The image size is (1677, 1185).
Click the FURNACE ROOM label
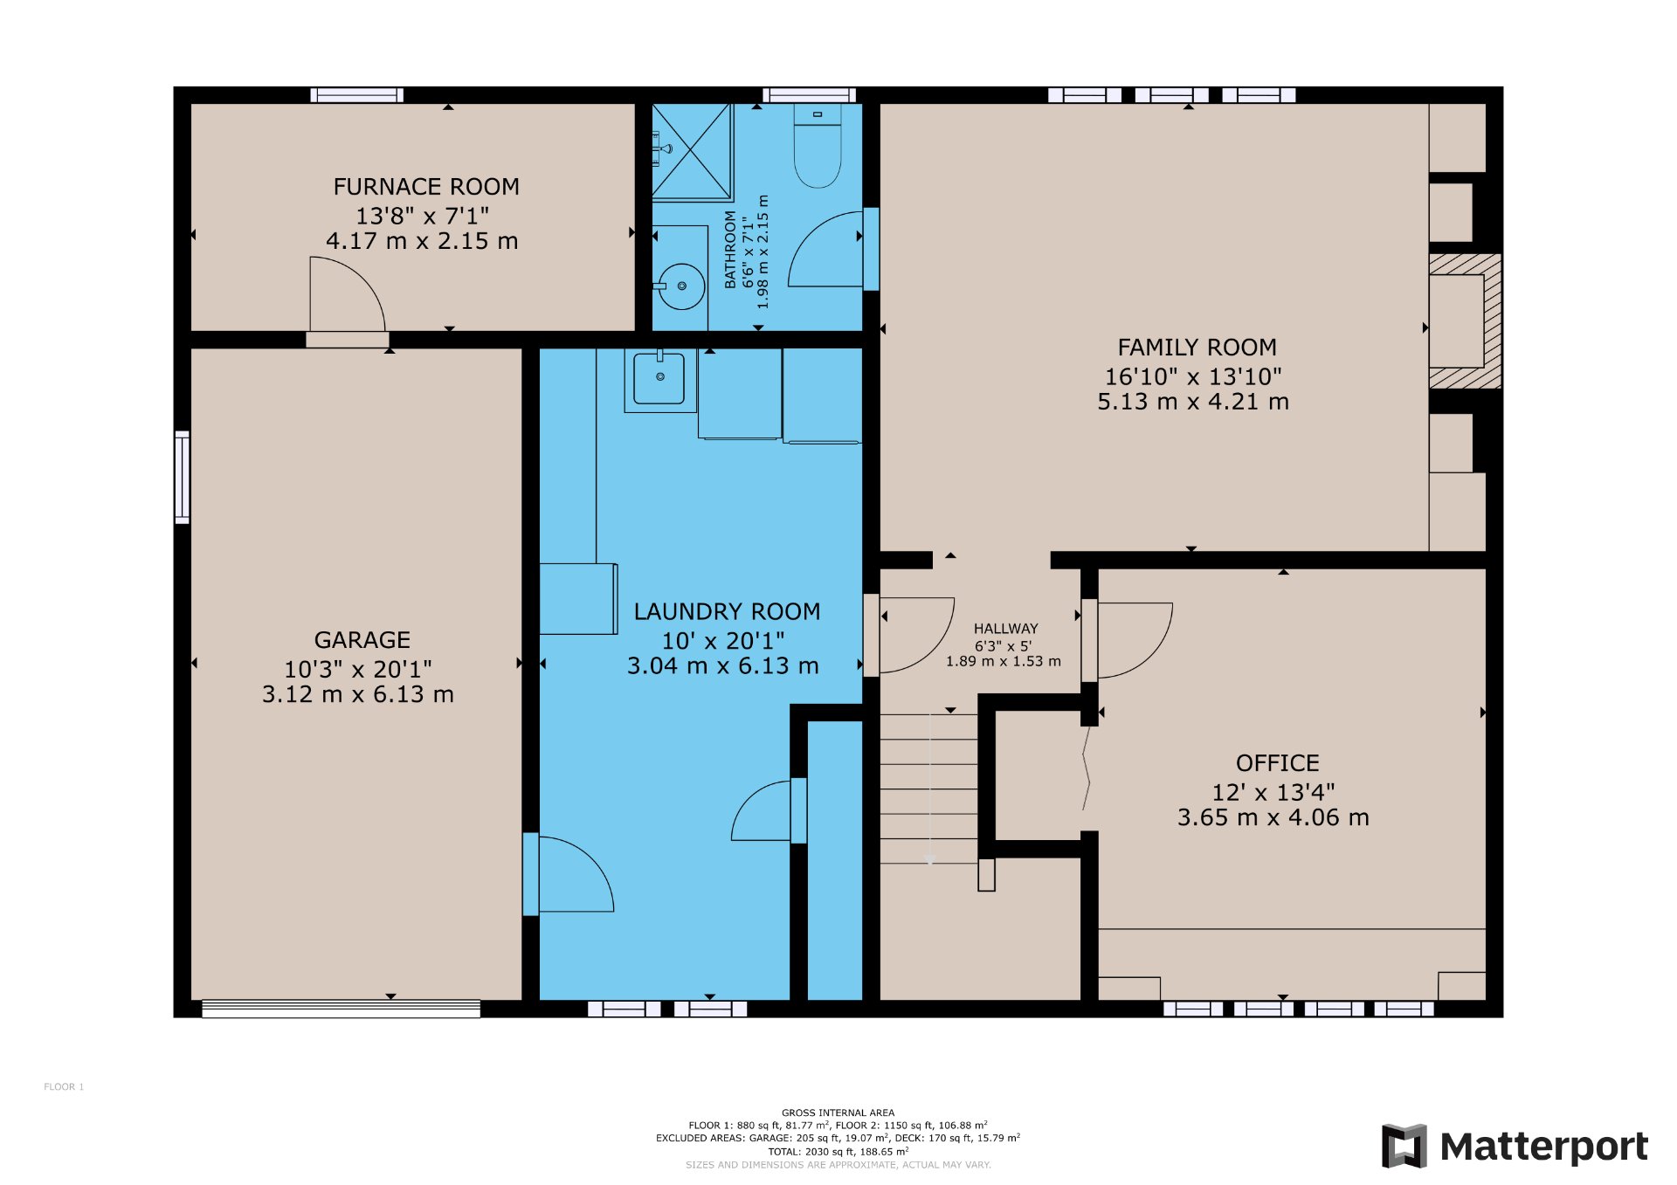pyautogui.click(x=426, y=187)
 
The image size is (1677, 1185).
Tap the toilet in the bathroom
pyautogui.click(x=818, y=145)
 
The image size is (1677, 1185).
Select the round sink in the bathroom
pyautogui.click(x=681, y=286)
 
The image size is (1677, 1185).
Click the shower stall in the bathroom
pyautogui.click(x=692, y=152)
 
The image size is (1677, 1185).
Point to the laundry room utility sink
pyautogui.click(x=659, y=380)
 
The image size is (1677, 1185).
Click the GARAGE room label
pyautogui.click(x=362, y=640)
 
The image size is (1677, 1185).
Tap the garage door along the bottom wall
pyautogui.click(x=341, y=1009)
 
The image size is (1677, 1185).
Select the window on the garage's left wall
pyautogui.click(x=182, y=477)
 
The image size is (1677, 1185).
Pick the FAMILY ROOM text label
pyautogui.click(x=1197, y=348)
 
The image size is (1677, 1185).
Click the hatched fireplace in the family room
pyautogui.click(x=1465, y=320)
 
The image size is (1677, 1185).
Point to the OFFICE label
pyautogui.click(x=1277, y=763)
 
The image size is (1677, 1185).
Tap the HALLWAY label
pyautogui.click(x=1005, y=629)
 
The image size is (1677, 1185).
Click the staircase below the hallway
pyautogui.click(x=928, y=789)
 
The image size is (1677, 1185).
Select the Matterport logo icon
pyautogui.click(x=1404, y=1146)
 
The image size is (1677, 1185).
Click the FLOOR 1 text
pyautogui.click(x=64, y=1087)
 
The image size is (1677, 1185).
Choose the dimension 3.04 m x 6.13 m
pyautogui.click(x=722, y=666)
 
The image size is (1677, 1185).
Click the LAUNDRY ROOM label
pyautogui.click(x=727, y=611)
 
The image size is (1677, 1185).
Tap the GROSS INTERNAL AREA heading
pyautogui.click(x=838, y=1113)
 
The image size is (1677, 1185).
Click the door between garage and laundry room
pyautogui.click(x=568, y=874)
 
